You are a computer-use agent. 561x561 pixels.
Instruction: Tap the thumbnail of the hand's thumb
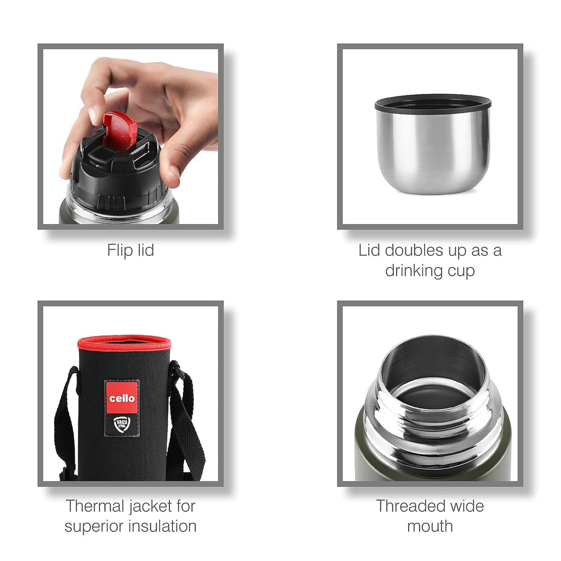[x=175, y=172]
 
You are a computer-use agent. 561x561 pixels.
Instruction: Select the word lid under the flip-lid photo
[x=146, y=250]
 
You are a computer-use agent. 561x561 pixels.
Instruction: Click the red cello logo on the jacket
[x=122, y=398]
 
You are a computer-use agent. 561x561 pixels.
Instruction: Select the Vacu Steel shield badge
[x=122, y=425]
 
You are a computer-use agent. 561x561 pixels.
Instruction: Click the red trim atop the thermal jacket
[x=124, y=343]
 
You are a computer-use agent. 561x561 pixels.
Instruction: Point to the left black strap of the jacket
[x=66, y=422]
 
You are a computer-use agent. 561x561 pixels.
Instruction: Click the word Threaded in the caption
[x=410, y=506]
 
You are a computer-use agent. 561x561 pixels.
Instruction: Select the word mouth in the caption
[x=430, y=526]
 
